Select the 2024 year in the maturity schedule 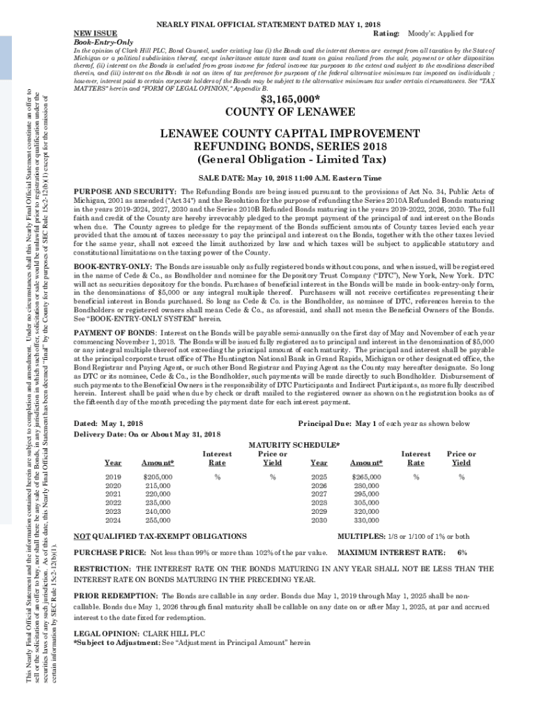113,519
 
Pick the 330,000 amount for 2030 367,519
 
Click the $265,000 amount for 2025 367,476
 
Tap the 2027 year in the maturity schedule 319,494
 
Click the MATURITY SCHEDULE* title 294,445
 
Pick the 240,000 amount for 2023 157,511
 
